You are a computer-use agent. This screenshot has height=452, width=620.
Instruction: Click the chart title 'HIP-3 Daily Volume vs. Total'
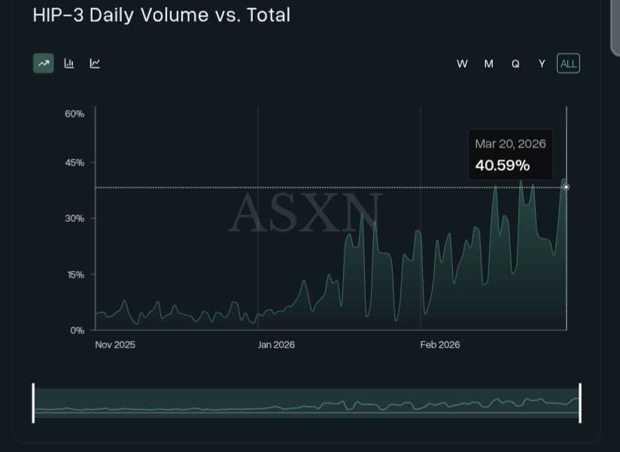click(x=161, y=15)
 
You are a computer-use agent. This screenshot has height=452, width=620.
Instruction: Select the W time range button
click(x=462, y=64)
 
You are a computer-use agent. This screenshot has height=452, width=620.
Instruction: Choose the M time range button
click(x=488, y=64)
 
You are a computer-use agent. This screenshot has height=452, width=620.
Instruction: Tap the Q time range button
click(x=515, y=64)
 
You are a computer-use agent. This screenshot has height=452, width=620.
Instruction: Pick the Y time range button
click(x=542, y=64)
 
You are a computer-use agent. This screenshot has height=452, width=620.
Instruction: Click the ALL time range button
click(x=568, y=64)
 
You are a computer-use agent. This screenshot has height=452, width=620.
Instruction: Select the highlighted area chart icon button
click(x=44, y=63)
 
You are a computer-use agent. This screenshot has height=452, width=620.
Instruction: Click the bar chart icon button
click(x=69, y=63)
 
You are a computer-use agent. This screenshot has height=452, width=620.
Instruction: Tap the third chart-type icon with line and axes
click(x=95, y=63)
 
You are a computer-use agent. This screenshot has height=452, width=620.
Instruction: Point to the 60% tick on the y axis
click(x=74, y=114)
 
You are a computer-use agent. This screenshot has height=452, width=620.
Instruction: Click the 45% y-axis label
click(x=74, y=162)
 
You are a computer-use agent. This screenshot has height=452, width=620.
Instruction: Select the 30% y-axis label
click(x=74, y=219)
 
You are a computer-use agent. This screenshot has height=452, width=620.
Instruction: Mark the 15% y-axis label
click(x=74, y=275)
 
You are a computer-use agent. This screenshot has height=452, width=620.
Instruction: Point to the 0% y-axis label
click(x=77, y=330)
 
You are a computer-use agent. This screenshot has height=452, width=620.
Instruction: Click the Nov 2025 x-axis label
click(x=115, y=345)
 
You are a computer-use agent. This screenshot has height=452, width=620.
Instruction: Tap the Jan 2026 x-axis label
click(x=276, y=345)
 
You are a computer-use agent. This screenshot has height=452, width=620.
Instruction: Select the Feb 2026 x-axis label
click(x=439, y=345)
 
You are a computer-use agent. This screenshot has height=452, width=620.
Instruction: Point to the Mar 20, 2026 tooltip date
click(x=510, y=144)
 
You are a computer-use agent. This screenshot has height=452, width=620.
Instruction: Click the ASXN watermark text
click(x=305, y=213)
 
